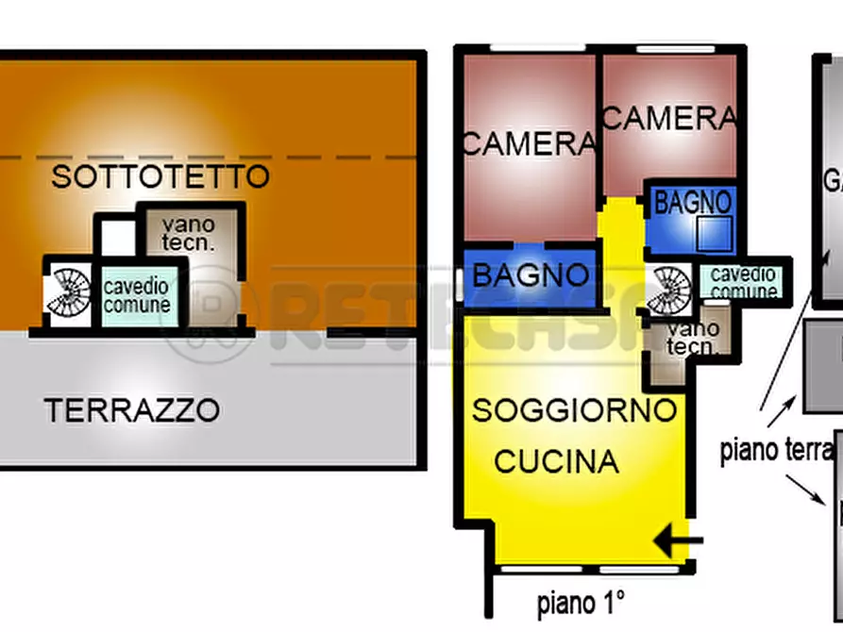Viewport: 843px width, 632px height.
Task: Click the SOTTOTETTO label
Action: click(160, 176)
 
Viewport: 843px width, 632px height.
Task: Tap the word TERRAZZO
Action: click(132, 410)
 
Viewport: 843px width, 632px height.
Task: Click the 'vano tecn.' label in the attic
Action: click(187, 234)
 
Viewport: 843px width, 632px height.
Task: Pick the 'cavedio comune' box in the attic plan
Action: click(137, 295)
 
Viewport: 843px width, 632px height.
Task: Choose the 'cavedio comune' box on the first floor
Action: click(743, 283)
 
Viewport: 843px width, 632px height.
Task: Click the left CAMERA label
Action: click(530, 144)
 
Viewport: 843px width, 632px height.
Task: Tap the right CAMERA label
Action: click(669, 119)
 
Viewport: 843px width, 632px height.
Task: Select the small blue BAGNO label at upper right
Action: click(693, 202)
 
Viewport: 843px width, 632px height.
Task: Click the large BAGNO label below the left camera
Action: click(531, 276)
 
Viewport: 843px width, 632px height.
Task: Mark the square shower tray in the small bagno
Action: click(714, 232)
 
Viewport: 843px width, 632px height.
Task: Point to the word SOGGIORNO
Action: click(574, 410)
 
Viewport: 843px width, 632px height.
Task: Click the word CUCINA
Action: click(557, 461)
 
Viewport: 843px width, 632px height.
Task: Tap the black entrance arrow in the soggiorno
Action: click(680, 541)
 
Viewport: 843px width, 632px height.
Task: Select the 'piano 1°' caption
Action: click(581, 602)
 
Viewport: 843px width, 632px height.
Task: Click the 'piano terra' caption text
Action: click(777, 450)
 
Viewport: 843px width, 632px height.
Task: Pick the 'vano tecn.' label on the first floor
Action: click(692, 338)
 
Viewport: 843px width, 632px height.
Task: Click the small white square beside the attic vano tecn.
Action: click(117, 237)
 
